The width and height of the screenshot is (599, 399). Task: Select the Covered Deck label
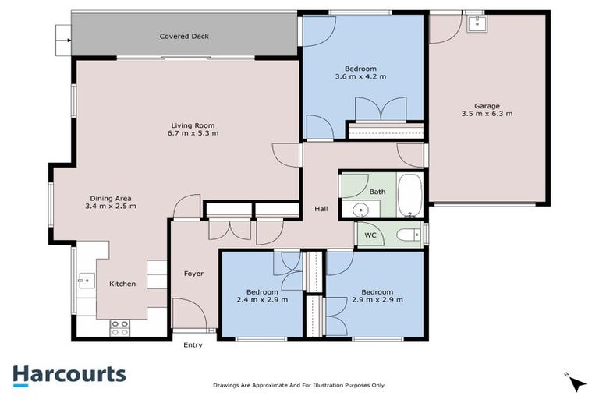tap(184, 37)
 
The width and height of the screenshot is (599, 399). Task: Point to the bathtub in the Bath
tap(410, 196)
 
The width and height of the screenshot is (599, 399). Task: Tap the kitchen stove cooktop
tap(119, 327)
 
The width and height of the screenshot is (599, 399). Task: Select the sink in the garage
tap(475, 23)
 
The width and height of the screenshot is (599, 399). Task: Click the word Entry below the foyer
tap(192, 345)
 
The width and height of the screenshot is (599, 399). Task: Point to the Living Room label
tap(193, 125)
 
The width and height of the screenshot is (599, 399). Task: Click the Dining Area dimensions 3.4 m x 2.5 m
tap(111, 207)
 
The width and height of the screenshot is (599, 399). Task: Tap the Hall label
tap(321, 209)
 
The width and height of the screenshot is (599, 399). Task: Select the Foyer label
tap(193, 274)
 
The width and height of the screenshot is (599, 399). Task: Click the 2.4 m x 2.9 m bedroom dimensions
tap(262, 299)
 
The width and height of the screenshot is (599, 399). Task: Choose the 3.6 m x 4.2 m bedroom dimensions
tap(360, 76)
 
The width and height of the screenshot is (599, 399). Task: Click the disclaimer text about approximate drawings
tap(299, 385)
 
